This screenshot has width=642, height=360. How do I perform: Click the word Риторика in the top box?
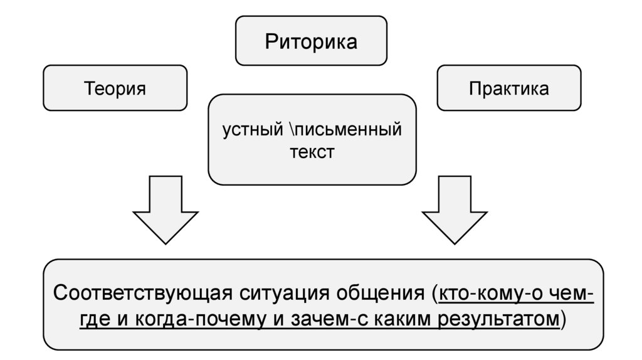tap(311, 42)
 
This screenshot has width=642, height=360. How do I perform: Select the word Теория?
tap(115, 88)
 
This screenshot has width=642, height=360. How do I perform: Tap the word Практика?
tap(509, 88)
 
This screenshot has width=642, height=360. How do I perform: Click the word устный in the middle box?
tap(253, 131)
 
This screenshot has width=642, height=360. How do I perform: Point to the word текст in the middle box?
tap(312, 153)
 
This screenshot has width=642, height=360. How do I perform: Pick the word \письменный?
tap(345, 131)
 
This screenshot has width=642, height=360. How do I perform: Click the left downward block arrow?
tap(166, 210)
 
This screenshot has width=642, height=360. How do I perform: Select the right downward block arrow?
tap(455, 210)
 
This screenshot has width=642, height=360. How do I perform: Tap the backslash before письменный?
tap(292, 131)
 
